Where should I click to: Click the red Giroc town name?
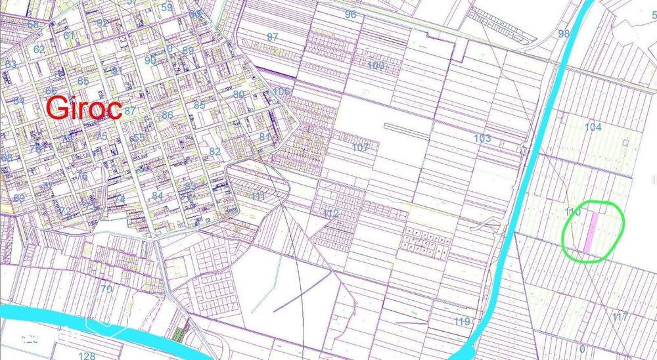(83, 108)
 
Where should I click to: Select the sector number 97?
(273, 37)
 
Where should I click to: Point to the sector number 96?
(350, 14)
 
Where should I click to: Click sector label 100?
(376, 66)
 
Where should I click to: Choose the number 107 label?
(360, 147)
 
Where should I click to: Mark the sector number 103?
(482, 138)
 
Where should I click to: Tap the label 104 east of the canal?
(593, 127)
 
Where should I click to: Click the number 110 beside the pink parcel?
(573, 212)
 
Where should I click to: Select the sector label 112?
(330, 214)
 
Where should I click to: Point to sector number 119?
(463, 322)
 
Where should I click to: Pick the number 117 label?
(620, 317)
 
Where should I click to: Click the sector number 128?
(87, 355)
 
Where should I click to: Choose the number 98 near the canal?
(564, 34)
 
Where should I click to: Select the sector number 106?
(282, 91)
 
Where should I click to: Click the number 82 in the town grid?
(215, 151)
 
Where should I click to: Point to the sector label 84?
(157, 196)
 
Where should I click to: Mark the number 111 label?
(258, 196)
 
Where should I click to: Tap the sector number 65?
(83, 81)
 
